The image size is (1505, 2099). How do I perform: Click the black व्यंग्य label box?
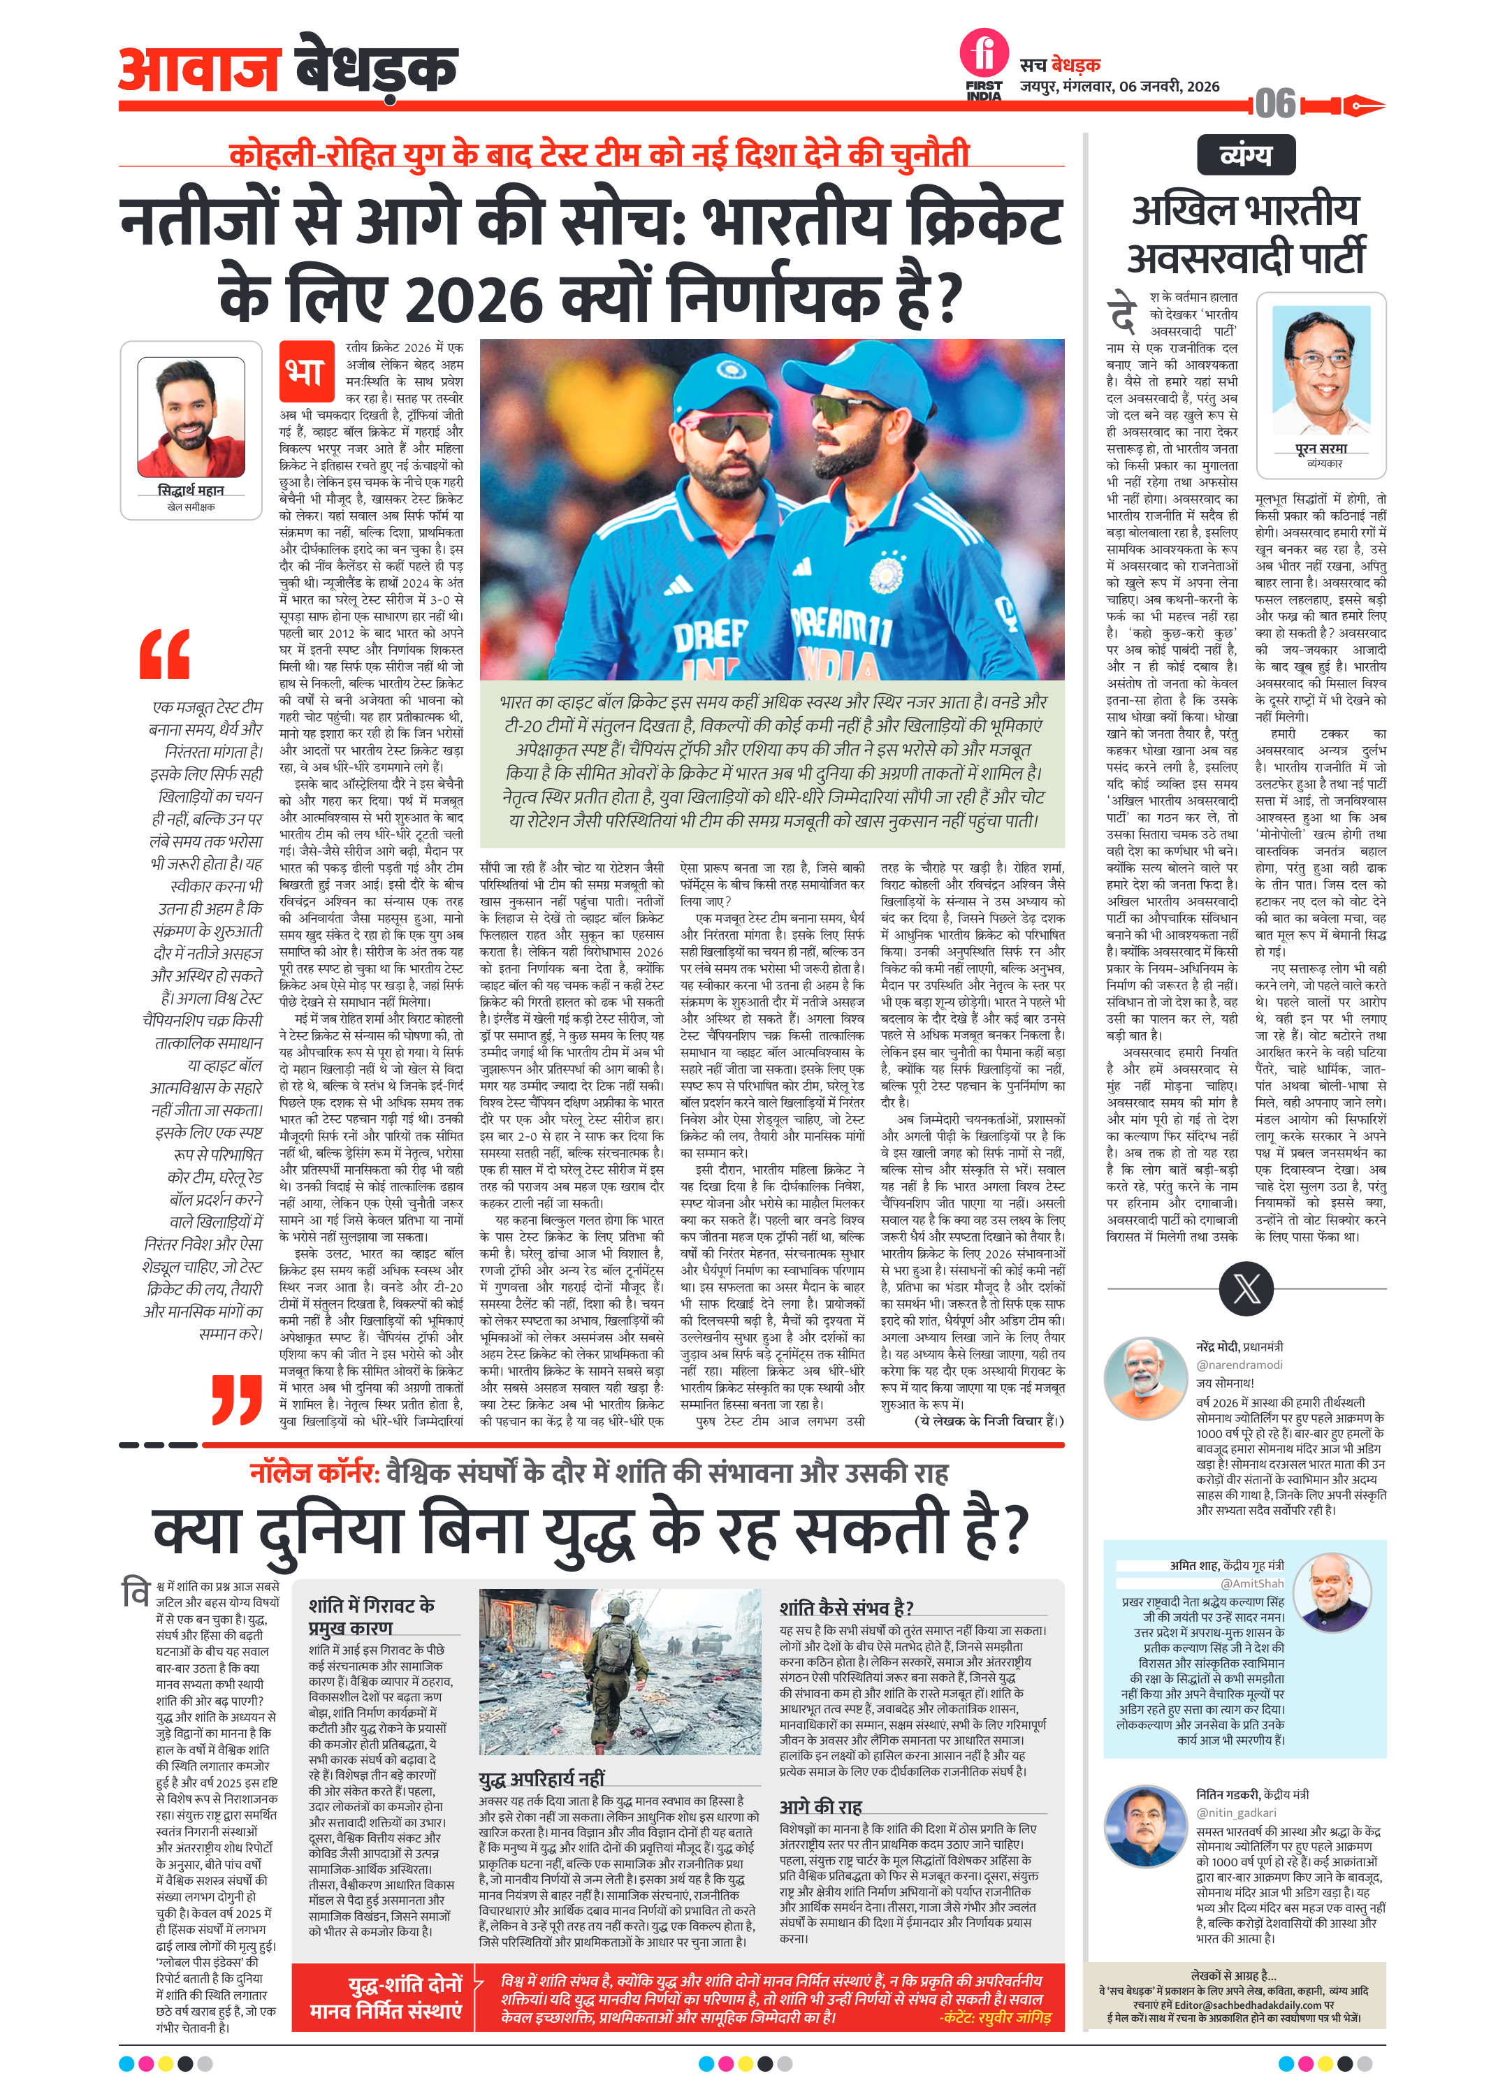1245,154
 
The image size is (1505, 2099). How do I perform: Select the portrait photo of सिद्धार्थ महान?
191,419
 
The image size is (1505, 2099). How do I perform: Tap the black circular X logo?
1245,1288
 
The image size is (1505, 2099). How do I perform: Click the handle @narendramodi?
1238,1364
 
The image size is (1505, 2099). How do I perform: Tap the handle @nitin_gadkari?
1236,1812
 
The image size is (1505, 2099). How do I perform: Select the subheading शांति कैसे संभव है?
846,1608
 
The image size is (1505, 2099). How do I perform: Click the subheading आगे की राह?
820,1806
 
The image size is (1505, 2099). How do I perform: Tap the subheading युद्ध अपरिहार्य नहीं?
541,1778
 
